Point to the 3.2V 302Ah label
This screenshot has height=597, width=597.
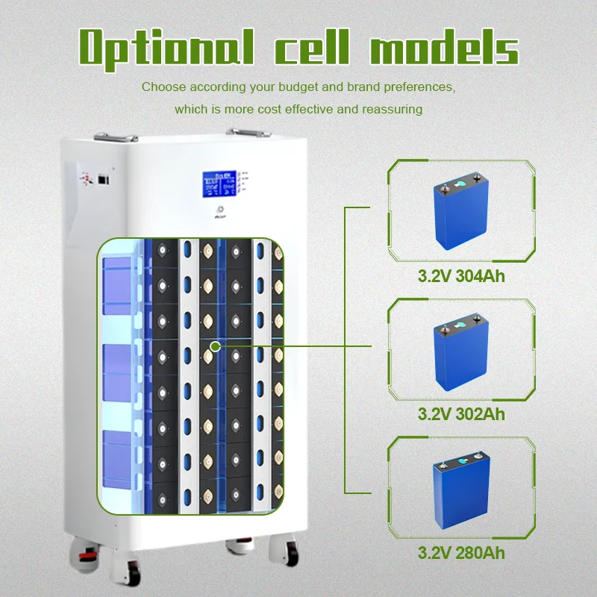tap(460, 413)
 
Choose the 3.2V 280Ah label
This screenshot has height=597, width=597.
tap(460, 554)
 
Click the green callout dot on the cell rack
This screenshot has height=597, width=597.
tap(215, 346)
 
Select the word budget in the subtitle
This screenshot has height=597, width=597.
tap(292, 87)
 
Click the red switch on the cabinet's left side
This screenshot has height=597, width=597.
tap(87, 178)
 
